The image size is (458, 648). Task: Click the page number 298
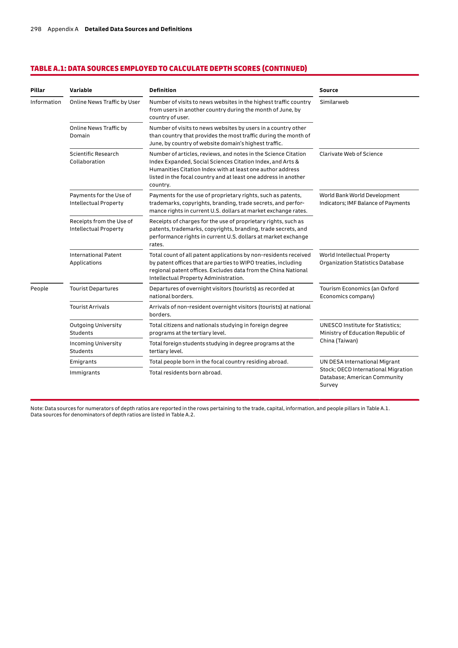pos(36,29)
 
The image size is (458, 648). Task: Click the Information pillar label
pos(46,102)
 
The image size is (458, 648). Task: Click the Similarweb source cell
pos(334,102)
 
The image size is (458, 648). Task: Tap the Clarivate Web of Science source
pos(351,154)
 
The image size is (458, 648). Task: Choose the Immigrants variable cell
pos(85,373)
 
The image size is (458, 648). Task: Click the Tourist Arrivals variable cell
pos(89,307)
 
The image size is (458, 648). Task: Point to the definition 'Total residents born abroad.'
pos(185,373)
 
